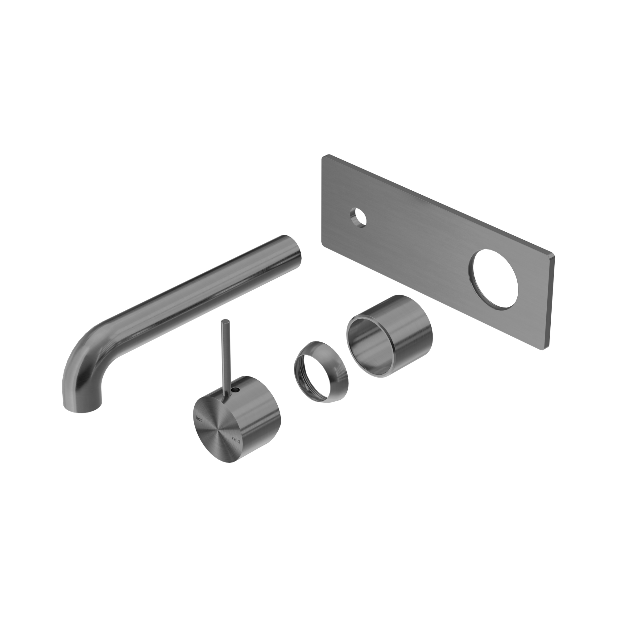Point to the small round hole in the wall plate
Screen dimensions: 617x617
point(358,218)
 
